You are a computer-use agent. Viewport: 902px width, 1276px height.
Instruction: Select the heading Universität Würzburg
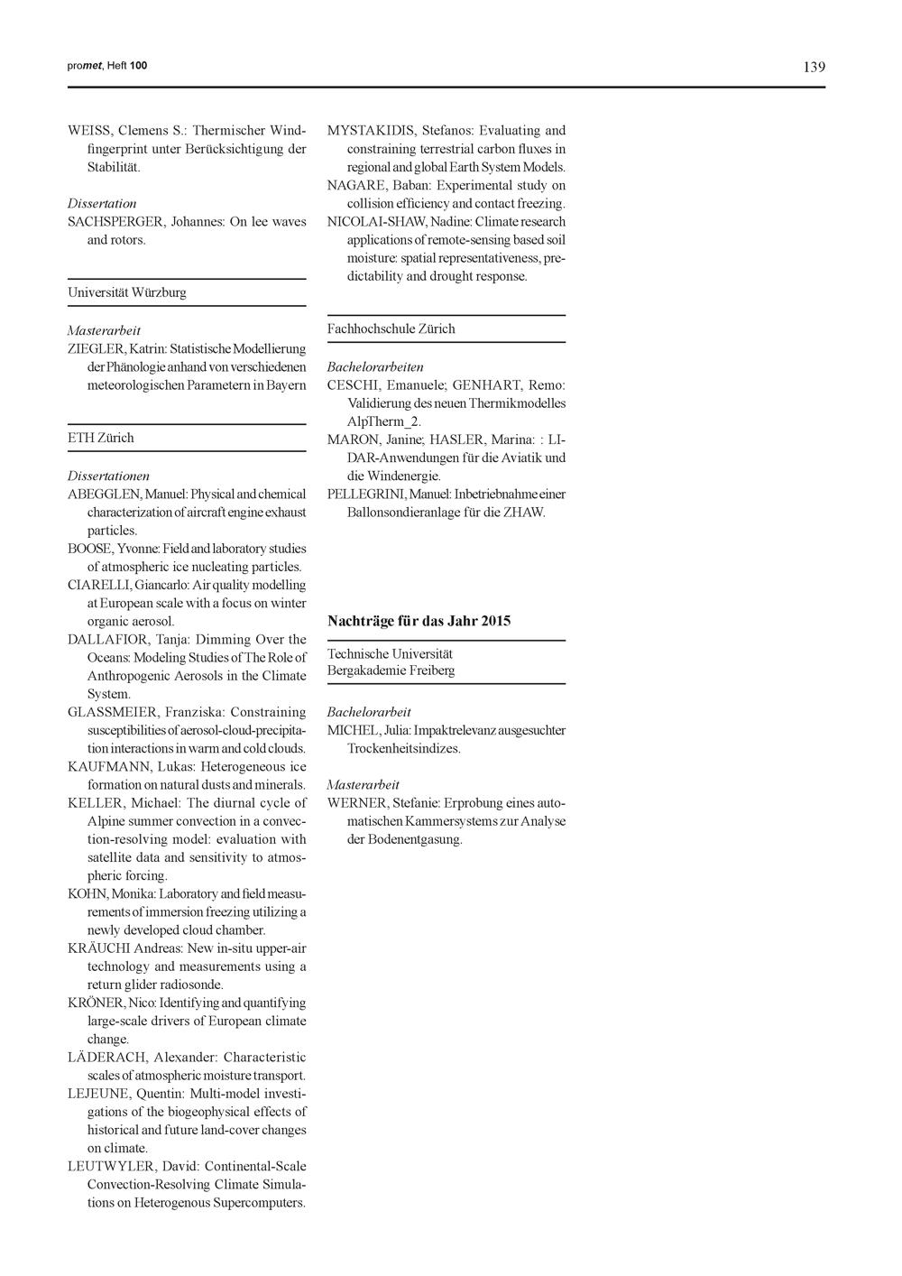coord(127,293)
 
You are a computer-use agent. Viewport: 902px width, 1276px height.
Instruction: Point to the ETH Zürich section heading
coord(100,439)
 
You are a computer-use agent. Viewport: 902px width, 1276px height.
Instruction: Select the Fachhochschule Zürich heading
coord(391,329)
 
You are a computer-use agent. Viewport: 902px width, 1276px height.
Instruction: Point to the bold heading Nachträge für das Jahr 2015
coord(419,621)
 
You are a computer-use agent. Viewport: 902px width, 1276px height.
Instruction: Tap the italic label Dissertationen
coord(108,476)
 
